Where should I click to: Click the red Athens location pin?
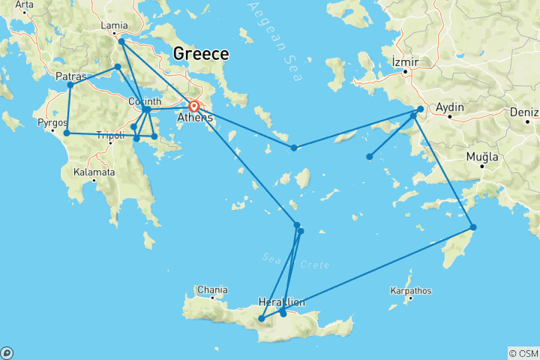(x=193, y=107)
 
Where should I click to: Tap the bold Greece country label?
(x=200, y=53)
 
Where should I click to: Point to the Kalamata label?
(x=94, y=172)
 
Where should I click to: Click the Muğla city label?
(x=482, y=156)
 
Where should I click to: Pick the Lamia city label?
(x=114, y=25)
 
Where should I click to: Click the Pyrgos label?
(x=52, y=120)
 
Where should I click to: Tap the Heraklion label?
(x=281, y=301)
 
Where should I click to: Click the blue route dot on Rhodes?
(x=473, y=227)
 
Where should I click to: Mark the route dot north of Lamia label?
(x=121, y=41)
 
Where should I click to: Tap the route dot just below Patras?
(x=70, y=85)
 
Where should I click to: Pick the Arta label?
(x=24, y=4)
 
